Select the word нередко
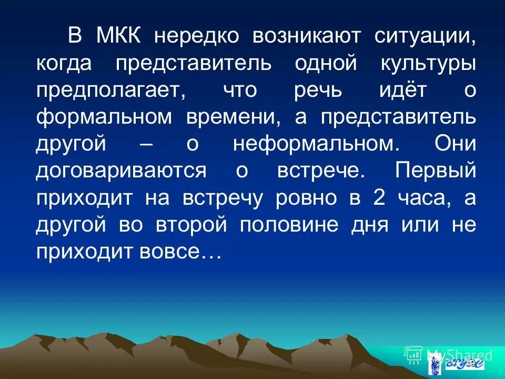pyautogui.click(x=197, y=36)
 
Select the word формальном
pyautogui.click(x=104, y=117)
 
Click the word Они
pyautogui.click(x=456, y=144)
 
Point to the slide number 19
pyautogui.click(x=470, y=364)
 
